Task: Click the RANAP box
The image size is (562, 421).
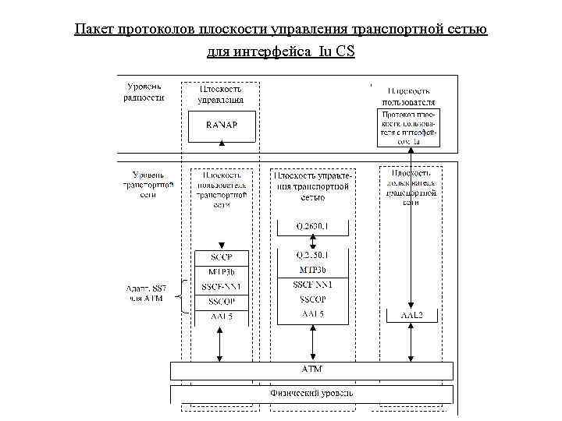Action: [222, 126]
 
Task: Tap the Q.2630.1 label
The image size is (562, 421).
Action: [312, 226]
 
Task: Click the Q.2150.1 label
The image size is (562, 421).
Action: [312, 254]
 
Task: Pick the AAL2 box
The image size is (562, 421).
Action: [411, 315]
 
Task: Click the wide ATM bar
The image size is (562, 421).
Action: [312, 369]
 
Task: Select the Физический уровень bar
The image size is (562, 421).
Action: [312, 393]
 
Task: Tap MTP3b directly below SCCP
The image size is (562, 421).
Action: [221, 272]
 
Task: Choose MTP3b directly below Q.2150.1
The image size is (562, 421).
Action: [312, 269]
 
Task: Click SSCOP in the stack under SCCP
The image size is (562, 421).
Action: [221, 301]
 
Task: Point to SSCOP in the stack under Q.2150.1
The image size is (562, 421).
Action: [312, 299]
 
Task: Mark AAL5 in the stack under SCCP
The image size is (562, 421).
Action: [221, 317]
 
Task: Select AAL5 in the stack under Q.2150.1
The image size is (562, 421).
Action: [312, 314]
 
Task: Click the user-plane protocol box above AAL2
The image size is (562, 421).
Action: [408, 128]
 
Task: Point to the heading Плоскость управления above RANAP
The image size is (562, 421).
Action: [221, 95]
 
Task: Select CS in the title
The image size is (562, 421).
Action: [346, 52]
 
